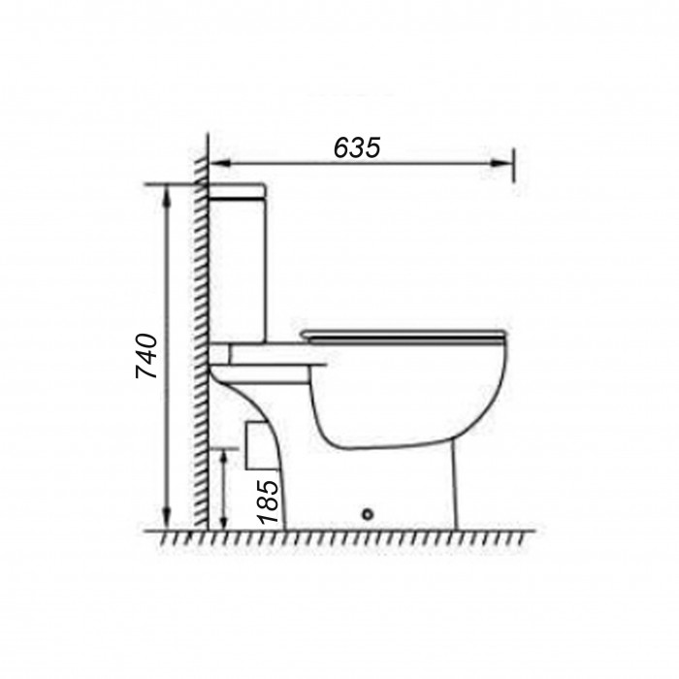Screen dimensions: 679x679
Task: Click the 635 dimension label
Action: pos(357,147)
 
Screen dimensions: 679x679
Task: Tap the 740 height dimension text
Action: pos(146,356)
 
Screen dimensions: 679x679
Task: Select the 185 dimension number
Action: pos(268,501)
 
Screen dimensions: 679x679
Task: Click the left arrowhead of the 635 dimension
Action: pos(220,163)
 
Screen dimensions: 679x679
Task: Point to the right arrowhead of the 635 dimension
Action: pos(502,163)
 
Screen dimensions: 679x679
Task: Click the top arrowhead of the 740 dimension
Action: pos(166,196)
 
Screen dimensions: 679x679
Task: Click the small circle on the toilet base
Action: pos(368,514)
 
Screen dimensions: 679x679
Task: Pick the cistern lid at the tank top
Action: pos(237,191)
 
